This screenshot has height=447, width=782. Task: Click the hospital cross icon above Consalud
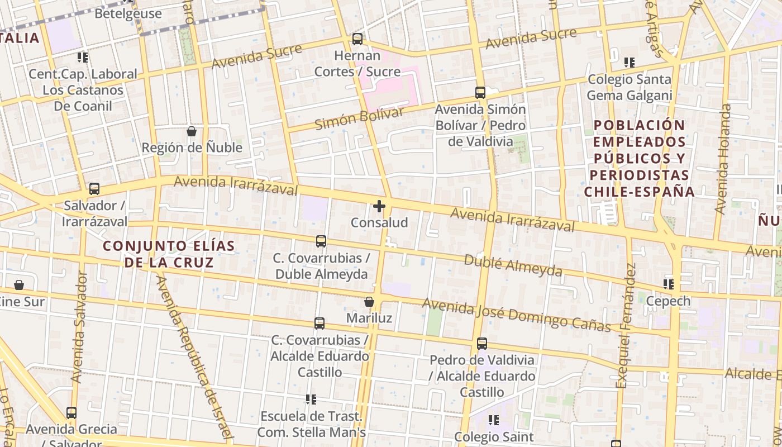379,207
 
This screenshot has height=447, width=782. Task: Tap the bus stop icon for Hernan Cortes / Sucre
357,39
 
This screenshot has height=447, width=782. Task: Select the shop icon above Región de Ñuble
192,132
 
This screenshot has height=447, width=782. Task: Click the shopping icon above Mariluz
369,302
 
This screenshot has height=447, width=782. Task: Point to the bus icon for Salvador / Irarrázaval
94,189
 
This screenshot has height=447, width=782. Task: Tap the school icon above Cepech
668,284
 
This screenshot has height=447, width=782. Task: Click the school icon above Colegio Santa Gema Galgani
630,63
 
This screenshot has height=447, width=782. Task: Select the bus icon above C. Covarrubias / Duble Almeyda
321,241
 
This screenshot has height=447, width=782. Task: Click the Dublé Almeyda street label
513,265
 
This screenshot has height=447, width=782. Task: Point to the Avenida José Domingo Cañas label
516,314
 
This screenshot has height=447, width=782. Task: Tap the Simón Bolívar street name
359,119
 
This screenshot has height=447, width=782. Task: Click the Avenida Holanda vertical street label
723,159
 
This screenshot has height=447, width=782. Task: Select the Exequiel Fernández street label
626,325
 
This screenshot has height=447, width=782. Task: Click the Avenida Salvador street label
79,327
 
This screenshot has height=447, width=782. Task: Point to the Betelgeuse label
128,13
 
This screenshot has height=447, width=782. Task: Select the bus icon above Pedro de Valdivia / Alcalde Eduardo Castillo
482,344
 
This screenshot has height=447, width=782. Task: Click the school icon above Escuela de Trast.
311,400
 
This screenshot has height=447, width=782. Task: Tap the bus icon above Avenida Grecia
71,413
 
